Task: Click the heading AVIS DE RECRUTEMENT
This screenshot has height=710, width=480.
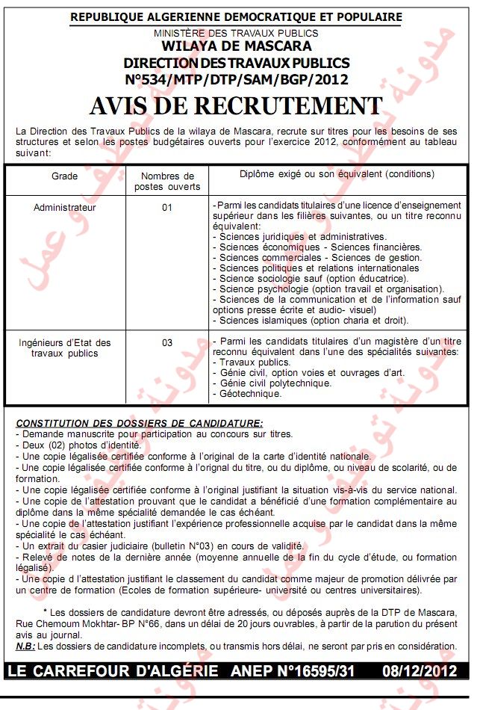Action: click(236, 105)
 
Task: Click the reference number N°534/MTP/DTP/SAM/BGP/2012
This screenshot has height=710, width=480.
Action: click(236, 78)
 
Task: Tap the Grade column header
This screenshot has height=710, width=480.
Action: click(64, 176)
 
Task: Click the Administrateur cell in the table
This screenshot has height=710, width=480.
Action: click(65, 207)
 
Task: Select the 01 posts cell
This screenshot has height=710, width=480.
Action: click(167, 207)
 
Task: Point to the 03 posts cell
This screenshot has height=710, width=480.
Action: click(167, 343)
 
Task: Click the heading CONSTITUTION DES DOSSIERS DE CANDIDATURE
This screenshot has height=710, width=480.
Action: click(140, 423)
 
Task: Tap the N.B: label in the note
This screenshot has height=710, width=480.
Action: click(25, 645)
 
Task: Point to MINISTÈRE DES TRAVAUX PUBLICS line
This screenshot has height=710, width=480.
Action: click(236, 33)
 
